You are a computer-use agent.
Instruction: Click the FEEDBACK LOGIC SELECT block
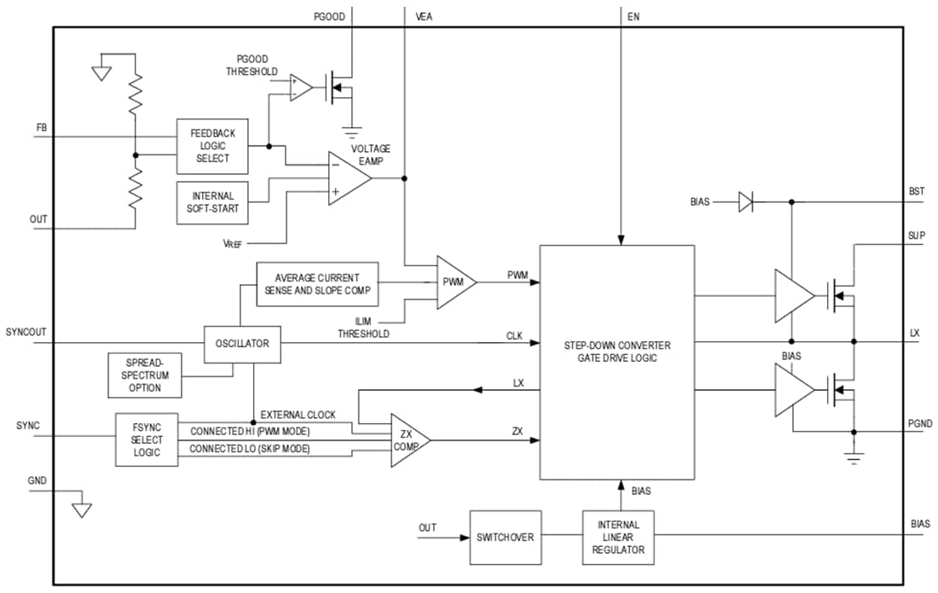(x=212, y=146)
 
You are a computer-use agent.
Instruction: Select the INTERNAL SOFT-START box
(x=212, y=202)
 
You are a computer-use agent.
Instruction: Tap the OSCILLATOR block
(x=242, y=344)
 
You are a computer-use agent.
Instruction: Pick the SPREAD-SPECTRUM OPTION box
(x=146, y=375)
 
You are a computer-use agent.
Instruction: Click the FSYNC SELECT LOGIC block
(x=148, y=439)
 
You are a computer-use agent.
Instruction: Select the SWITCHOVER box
(x=506, y=538)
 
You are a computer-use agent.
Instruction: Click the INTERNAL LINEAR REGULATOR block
(x=618, y=538)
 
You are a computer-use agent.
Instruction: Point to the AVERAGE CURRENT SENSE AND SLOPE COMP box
(x=316, y=284)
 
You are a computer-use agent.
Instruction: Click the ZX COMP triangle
(x=407, y=440)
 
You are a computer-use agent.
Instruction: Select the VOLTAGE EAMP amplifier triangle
(x=348, y=178)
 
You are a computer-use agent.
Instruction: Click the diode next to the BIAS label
(x=745, y=202)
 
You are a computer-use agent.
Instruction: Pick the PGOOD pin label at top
(x=327, y=16)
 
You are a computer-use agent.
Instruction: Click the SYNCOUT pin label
(x=26, y=331)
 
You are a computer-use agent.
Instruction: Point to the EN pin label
(x=633, y=16)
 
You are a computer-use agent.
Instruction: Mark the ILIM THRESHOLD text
(x=363, y=328)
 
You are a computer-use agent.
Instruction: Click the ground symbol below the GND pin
(x=81, y=509)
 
